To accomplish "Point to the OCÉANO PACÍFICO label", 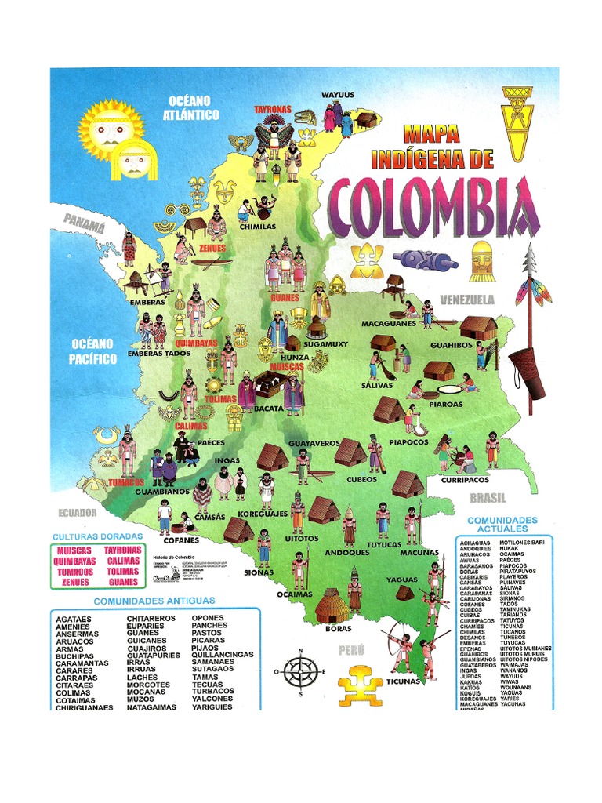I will tap(92, 351).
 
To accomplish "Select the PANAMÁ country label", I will tap(85, 225).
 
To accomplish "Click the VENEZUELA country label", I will tap(467, 300).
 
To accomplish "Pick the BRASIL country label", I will tap(488, 498).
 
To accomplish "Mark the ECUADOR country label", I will tap(77, 512).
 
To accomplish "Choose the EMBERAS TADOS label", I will tap(159, 354).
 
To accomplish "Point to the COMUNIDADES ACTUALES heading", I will tap(502, 525).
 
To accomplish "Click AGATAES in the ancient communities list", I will tap(74, 619).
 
